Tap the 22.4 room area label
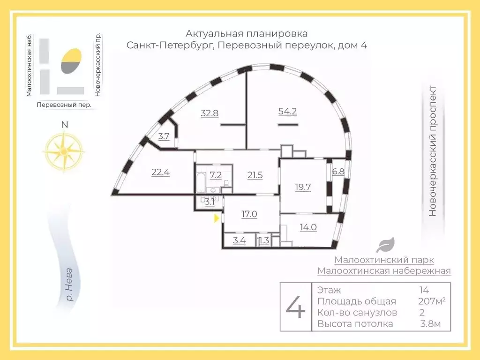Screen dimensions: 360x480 (160, 172)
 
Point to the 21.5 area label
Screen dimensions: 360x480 (255, 175)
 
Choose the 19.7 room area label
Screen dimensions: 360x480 (303, 187)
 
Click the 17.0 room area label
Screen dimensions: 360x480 (249, 214)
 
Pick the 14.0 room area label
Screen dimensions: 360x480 (308, 227)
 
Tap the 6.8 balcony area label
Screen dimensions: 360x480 (338, 172)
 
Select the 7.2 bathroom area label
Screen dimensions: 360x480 (216, 175)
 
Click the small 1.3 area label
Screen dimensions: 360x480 (264, 241)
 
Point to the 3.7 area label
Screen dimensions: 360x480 (164, 137)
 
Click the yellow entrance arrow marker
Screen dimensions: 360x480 (216, 218)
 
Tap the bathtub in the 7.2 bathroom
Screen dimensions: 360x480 (201, 182)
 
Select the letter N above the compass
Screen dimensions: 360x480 (65, 125)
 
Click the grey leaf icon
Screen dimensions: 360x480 (387, 245)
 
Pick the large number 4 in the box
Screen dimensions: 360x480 (295, 307)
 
